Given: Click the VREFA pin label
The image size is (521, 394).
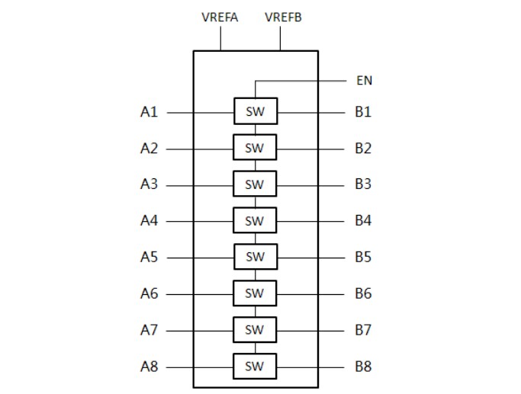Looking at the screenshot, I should tap(220, 18).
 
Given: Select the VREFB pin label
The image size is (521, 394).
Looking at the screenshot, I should tap(283, 18).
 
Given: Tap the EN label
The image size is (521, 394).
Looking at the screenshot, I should tap(364, 80).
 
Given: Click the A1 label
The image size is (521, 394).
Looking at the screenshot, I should tap(149, 112).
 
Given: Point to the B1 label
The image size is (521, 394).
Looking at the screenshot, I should tap(362, 112).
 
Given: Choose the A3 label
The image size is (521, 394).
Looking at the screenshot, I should tap(149, 184).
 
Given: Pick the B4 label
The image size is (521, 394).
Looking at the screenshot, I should tap(362, 221).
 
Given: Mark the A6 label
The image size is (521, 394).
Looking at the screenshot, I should tap(149, 293).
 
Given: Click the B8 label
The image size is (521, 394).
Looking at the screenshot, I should tap(362, 367).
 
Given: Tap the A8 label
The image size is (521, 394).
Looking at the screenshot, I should tap(149, 367).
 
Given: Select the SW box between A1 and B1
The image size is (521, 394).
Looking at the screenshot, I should tap(255, 111).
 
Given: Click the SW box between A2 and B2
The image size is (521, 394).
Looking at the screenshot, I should tap(255, 148).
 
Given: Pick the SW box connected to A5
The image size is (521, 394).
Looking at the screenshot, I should tap(255, 257).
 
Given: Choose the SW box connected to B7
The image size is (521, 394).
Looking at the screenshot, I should tap(255, 330).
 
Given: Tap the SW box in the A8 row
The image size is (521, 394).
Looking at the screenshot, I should tap(255, 367).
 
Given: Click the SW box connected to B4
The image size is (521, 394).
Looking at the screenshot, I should tap(255, 221).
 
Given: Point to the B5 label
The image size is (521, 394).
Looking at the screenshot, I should tap(362, 257).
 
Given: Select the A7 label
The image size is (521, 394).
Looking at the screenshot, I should tap(149, 330).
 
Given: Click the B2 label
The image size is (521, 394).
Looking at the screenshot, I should tap(362, 148).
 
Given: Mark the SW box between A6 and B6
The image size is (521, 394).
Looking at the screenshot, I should tap(255, 293).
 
